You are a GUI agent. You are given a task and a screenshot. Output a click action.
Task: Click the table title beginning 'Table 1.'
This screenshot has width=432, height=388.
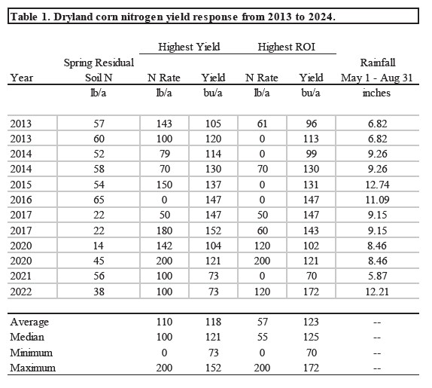[172, 16]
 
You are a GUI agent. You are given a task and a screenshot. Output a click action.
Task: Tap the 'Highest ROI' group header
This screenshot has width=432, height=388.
[286, 47]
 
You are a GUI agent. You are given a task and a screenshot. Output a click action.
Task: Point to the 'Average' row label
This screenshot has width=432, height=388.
[29, 322]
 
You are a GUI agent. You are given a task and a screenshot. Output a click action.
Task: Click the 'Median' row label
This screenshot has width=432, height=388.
[27, 338]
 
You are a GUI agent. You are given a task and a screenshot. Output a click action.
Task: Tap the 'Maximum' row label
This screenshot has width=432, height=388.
[32, 368]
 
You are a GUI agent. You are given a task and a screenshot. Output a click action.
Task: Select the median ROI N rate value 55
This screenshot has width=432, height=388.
[261, 338]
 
